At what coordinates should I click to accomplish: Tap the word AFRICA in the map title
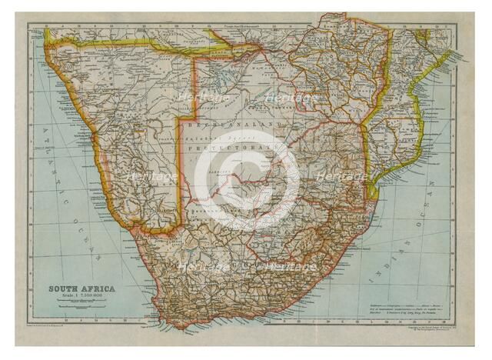tap(99, 289)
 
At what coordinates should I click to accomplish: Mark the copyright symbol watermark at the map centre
tap(246, 181)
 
